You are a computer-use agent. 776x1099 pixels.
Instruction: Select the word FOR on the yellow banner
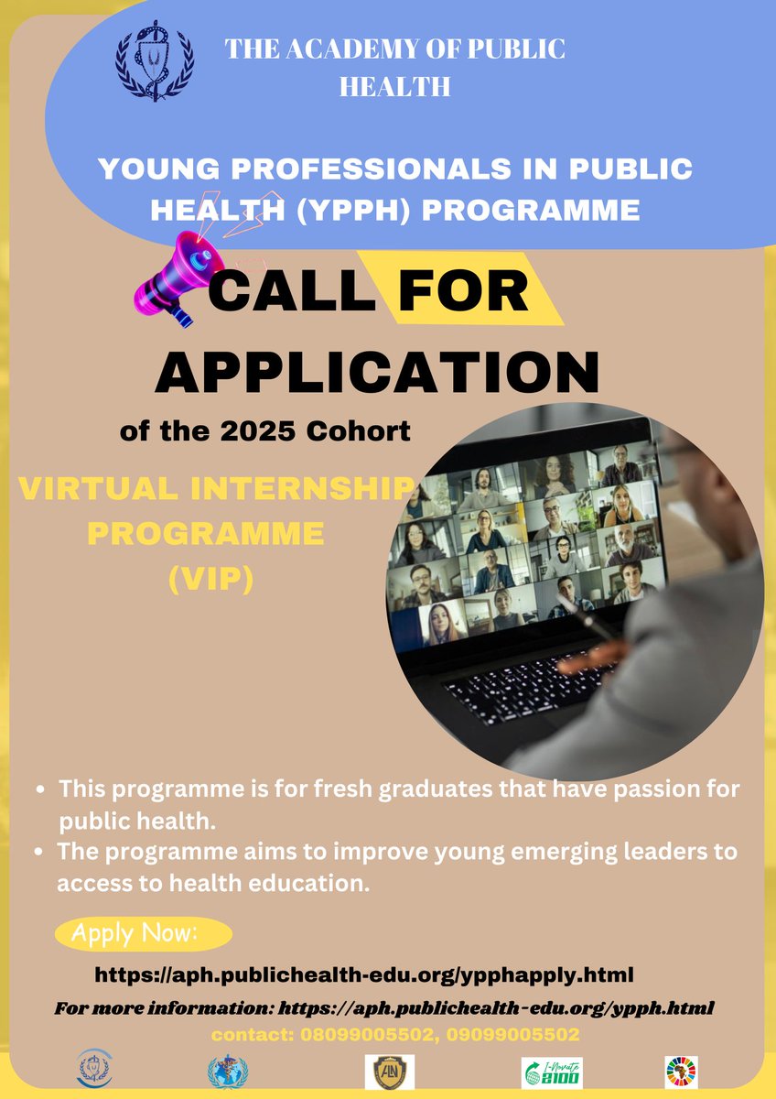point(464,290)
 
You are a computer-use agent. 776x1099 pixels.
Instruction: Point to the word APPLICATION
point(376,372)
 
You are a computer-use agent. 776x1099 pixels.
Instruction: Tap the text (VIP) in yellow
point(211,580)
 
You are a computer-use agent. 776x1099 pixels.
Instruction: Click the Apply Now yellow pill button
point(144,934)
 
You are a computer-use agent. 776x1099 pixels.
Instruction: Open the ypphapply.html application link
point(364,974)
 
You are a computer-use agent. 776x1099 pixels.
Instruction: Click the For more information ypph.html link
point(495,1008)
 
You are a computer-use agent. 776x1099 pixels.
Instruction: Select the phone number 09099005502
point(522,1035)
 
